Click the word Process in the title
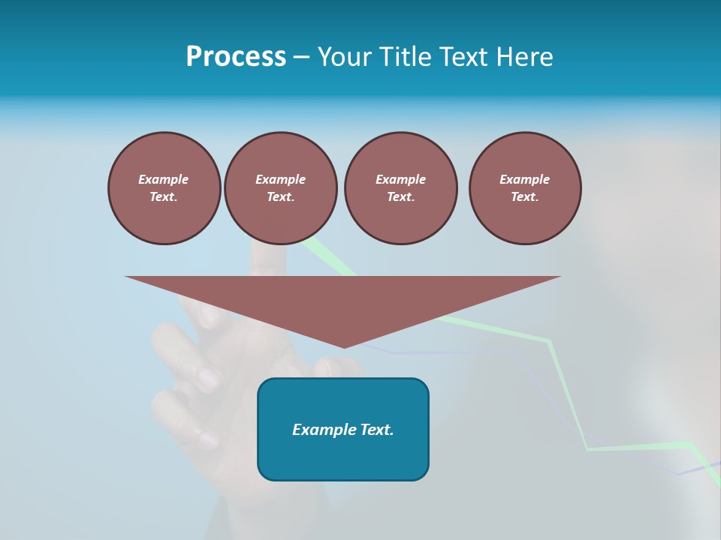click(236, 57)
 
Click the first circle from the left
click(164, 188)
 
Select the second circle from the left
click(281, 188)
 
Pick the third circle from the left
click(401, 188)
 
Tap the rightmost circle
click(525, 188)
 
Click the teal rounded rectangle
click(343, 457)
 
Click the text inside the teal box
click(343, 430)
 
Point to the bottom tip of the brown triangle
click(344, 346)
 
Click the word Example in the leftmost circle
click(164, 179)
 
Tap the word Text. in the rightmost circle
click(525, 197)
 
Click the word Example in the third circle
click(400, 179)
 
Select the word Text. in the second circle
click(281, 197)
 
